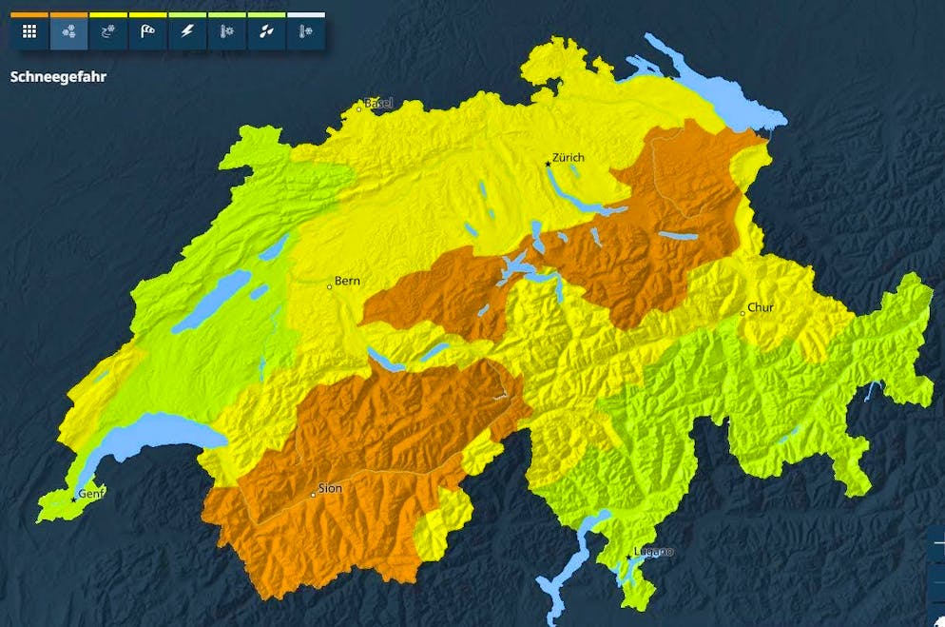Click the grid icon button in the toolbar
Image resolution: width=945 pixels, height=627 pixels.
point(29,32)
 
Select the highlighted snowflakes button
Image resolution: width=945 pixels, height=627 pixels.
point(68,32)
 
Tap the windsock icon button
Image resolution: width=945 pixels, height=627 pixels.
point(147,32)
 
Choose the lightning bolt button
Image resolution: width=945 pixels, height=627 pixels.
point(187,32)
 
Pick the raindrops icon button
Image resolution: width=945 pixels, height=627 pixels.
point(266,32)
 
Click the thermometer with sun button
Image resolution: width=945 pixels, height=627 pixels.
point(226,32)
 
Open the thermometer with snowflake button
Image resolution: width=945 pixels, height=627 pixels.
point(305,32)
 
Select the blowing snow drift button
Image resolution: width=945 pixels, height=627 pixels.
point(108,32)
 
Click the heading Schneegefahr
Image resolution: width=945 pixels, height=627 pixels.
point(58,77)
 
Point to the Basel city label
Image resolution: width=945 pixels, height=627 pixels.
point(378,103)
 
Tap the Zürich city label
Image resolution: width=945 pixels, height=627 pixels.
point(569,158)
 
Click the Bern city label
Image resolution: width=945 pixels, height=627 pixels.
point(347,282)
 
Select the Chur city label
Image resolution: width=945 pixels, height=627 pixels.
point(761,307)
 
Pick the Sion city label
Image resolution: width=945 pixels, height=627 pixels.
point(330,488)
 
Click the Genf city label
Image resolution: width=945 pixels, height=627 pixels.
point(91,493)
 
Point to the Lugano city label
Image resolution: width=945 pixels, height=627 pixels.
point(654,551)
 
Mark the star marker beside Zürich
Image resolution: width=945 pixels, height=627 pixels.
point(548,164)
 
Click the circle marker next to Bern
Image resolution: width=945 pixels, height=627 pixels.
point(330,285)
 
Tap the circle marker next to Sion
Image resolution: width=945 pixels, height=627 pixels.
point(313,495)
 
